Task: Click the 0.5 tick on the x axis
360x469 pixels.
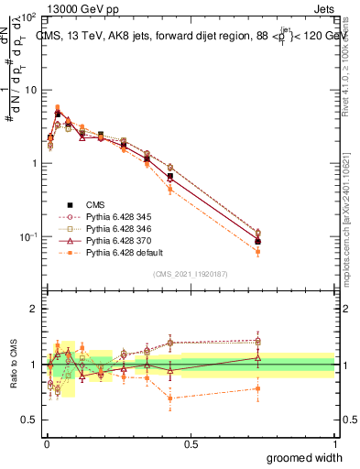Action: pos(191,444)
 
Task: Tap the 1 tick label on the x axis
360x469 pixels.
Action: pos(335,444)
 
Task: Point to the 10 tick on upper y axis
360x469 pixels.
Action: pos(30,90)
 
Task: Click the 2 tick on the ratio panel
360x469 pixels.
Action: pos(34,309)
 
